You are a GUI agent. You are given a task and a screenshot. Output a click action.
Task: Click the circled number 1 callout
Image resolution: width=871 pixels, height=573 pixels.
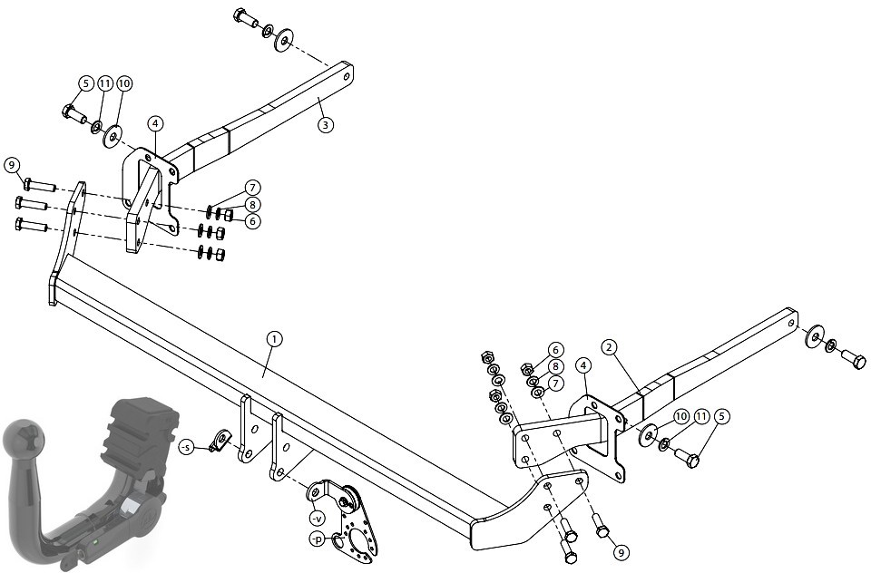[x=274, y=339]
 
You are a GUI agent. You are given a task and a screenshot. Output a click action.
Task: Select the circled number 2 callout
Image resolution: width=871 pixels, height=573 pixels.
[x=610, y=347]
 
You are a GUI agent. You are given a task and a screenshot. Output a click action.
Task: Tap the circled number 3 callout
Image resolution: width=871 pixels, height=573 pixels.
[x=326, y=124]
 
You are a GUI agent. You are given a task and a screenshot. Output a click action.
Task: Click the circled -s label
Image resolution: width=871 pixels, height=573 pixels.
[x=187, y=446]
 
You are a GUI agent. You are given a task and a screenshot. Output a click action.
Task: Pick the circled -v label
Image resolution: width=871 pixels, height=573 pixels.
[x=317, y=519]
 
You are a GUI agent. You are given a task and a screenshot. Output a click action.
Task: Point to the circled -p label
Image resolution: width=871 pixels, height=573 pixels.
[x=317, y=539]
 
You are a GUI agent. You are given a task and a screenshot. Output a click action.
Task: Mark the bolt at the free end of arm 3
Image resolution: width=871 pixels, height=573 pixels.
[x=246, y=18]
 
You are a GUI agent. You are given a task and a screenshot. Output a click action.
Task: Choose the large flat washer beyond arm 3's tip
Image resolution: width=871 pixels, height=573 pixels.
[x=284, y=40]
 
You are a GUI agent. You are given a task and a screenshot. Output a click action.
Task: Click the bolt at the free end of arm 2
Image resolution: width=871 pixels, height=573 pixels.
[x=853, y=359]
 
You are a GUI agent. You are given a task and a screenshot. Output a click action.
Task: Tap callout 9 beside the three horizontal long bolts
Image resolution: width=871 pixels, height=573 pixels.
[x=12, y=165]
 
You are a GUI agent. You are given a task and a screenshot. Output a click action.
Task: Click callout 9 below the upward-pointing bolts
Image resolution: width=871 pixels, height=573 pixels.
[x=621, y=552]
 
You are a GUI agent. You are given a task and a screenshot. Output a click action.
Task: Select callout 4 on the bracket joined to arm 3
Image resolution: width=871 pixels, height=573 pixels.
[x=155, y=122]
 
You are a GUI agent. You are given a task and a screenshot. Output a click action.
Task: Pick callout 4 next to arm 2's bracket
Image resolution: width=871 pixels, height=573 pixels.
[x=583, y=365]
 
